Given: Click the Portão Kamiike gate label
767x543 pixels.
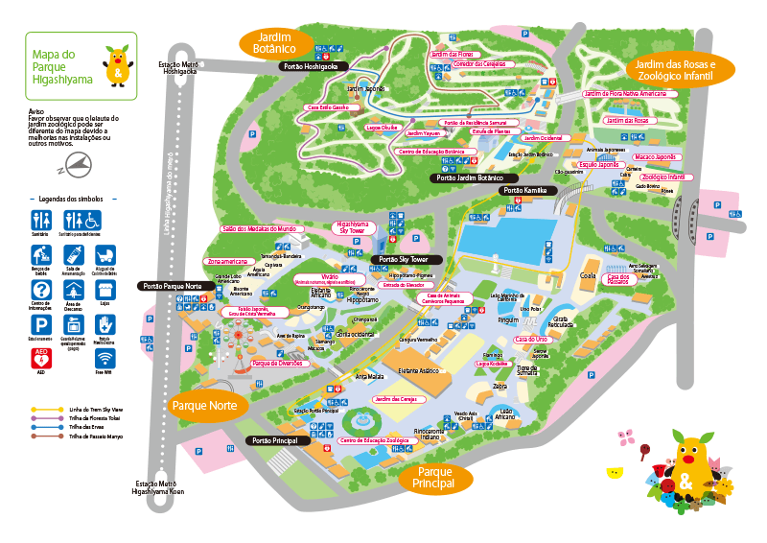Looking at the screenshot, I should [524, 191].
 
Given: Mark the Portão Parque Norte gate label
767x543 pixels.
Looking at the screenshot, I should [174, 286].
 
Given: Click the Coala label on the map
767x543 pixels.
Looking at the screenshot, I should [589, 275].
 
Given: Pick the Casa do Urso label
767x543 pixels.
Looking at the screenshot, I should [530, 340].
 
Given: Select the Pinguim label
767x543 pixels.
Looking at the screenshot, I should [507, 320].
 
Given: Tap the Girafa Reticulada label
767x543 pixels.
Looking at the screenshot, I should [562, 321].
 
